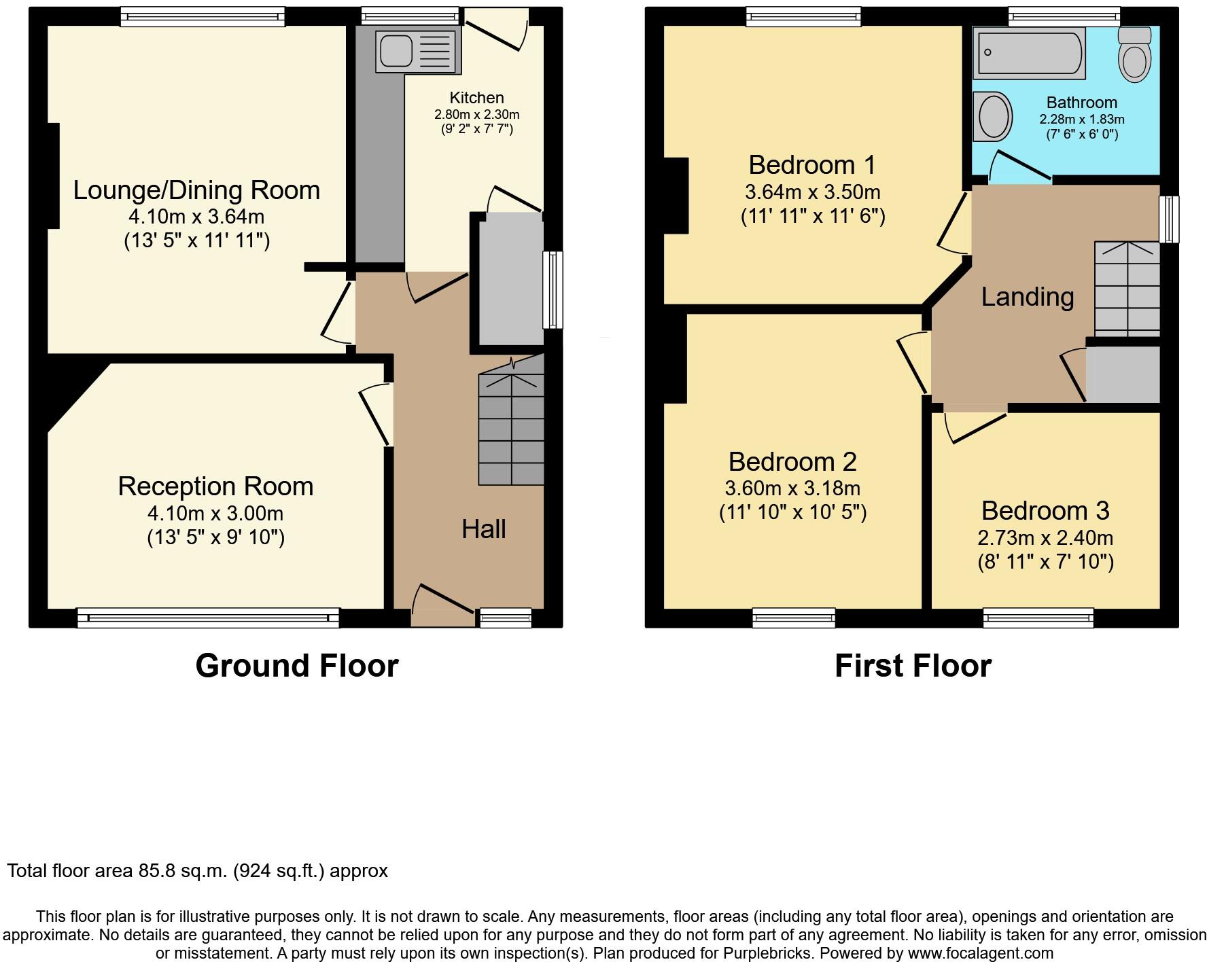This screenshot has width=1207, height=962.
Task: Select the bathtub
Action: point(1028,53)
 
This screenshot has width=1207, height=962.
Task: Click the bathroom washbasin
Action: point(993,117)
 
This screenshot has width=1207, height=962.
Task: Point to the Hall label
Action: point(483,529)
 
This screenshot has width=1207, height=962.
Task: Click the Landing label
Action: point(1027,297)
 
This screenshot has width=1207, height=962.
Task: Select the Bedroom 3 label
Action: point(1045,510)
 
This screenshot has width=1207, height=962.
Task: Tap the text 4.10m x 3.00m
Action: point(215,514)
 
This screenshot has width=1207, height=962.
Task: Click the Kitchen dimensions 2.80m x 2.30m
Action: point(476,115)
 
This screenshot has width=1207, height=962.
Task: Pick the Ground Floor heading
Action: point(296,666)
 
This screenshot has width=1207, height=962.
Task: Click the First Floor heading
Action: point(912,666)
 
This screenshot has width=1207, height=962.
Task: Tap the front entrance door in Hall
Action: point(442,603)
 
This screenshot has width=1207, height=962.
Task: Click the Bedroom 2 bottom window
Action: point(793,617)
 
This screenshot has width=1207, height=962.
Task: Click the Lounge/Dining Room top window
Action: point(203,16)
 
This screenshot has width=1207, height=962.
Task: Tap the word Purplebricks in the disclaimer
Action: point(771,954)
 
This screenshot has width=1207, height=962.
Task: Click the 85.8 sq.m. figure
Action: point(182,871)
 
